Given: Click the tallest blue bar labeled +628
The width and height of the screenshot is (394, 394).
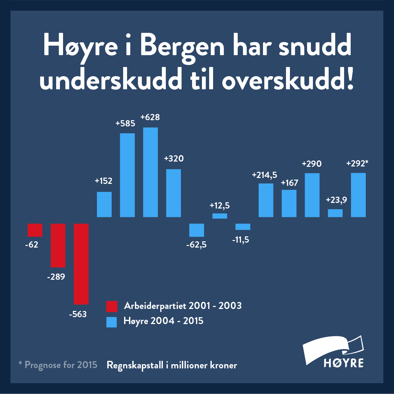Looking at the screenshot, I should pyautogui.click(x=150, y=172).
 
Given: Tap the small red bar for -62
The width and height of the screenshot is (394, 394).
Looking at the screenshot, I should pyautogui.click(x=35, y=230).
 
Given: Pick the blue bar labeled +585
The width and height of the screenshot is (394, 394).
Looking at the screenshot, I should pyautogui.click(x=127, y=175).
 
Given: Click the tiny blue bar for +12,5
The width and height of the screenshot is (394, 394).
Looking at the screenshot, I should pyautogui.click(x=220, y=216).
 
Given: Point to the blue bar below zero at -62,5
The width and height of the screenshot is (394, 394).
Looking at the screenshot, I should pyautogui.click(x=196, y=230).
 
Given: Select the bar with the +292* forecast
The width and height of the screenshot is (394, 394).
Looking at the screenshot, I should pyautogui.click(x=358, y=195).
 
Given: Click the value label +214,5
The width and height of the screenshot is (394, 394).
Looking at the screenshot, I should pyautogui.click(x=264, y=175).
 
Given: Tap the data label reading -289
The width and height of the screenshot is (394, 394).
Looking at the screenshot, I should pyautogui.click(x=56, y=277).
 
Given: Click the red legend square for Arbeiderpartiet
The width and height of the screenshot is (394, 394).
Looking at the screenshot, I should pyautogui.click(x=112, y=306).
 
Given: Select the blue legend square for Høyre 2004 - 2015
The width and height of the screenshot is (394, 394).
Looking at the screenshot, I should pyautogui.click(x=112, y=322).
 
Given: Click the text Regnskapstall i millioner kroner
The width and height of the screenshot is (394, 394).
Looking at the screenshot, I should pyautogui.click(x=172, y=365).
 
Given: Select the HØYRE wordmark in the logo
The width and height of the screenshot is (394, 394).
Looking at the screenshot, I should pyautogui.click(x=343, y=363).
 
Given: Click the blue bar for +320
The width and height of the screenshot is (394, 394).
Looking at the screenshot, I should pyautogui.click(x=173, y=193).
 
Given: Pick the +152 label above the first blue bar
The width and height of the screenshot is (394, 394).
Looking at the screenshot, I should pyautogui.click(x=103, y=181).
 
